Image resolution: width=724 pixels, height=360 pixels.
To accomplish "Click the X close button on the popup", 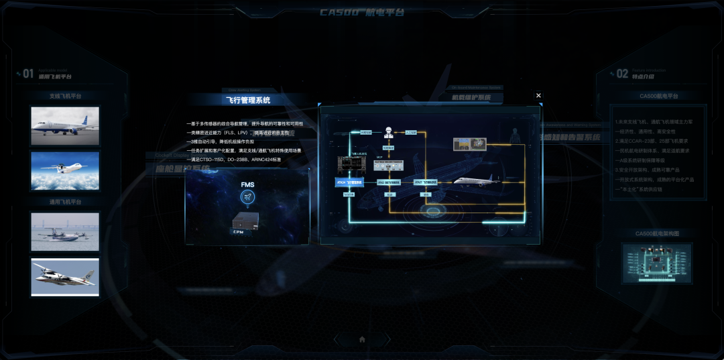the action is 538,95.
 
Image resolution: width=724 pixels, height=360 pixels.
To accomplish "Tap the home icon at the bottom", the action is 362,339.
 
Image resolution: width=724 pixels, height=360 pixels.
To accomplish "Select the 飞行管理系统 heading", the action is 248,100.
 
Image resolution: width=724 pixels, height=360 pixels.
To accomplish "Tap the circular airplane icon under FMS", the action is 247,197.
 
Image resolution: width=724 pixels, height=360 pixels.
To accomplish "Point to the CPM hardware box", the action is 245,223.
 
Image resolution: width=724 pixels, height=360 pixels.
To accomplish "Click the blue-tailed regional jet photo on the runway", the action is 65,126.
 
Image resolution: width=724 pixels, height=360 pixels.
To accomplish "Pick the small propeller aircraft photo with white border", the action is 65,277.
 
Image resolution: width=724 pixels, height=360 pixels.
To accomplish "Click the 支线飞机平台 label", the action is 65,96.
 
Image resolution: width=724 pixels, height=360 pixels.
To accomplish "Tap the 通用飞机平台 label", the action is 65,202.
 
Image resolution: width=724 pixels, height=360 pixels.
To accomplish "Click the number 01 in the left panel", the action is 27,74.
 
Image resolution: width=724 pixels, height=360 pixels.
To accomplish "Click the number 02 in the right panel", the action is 622,74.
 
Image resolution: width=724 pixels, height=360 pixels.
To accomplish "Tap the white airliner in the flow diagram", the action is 477,181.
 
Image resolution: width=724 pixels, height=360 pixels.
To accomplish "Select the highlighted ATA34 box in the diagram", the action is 349,182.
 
